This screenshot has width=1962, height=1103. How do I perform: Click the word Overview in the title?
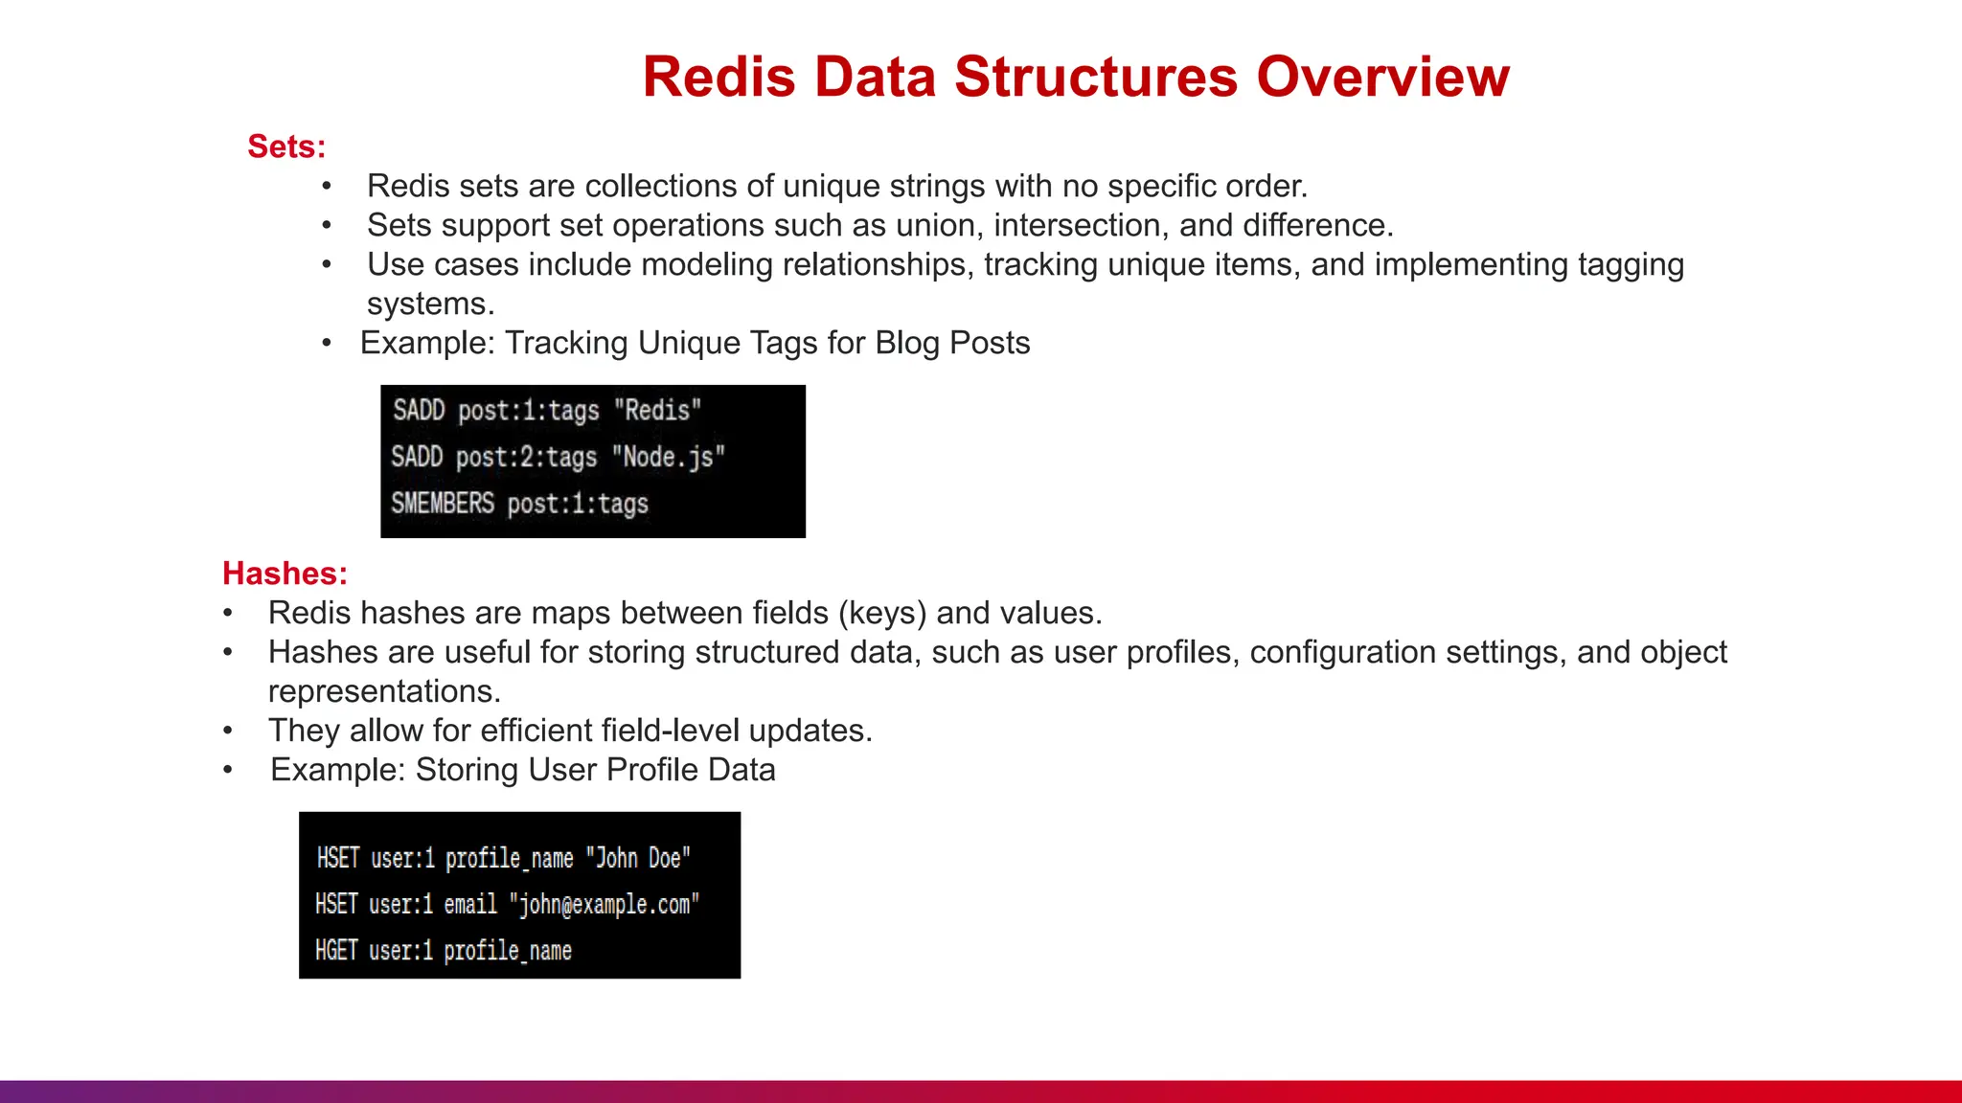(1382, 77)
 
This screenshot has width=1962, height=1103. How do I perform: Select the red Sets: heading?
(286, 146)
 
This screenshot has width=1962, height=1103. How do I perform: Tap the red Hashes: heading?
(285, 574)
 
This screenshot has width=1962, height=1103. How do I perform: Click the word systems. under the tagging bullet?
(430, 304)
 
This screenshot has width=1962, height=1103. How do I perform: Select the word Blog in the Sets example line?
(906, 343)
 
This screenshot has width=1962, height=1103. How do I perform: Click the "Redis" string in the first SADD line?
(657, 411)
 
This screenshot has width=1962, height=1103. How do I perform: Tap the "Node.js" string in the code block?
(668, 458)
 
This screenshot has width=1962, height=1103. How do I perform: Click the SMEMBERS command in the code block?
(443, 504)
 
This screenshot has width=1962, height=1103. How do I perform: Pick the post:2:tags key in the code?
(526, 458)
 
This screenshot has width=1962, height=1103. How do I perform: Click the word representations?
(384, 691)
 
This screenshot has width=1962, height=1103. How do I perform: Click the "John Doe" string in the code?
(638, 858)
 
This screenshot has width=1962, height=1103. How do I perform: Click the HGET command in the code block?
(336, 951)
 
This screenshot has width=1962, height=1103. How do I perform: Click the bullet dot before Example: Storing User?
(228, 770)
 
